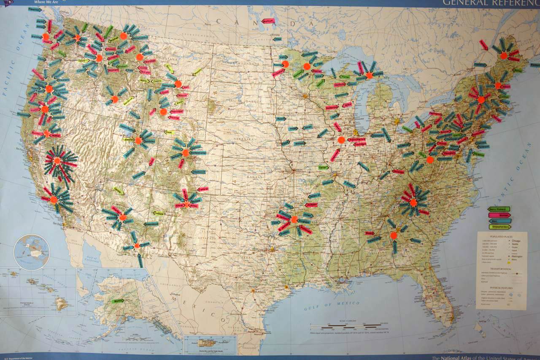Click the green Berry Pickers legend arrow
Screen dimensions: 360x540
pyautogui.click(x=499, y=209)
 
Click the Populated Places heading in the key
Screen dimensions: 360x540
pyautogui.click(x=501, y=236)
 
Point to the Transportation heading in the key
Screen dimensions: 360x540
pyautogui.click(x=501, y=268)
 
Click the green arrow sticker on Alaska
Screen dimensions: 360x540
pyautogui.click(x=118, y=301)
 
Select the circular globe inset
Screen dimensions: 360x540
pyautogui.click(x=31, y=252)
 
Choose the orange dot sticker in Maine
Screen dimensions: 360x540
pyautogui.click(x=504, y=56)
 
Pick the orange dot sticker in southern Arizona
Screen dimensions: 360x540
pyautogui.click(x=137, y=246)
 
